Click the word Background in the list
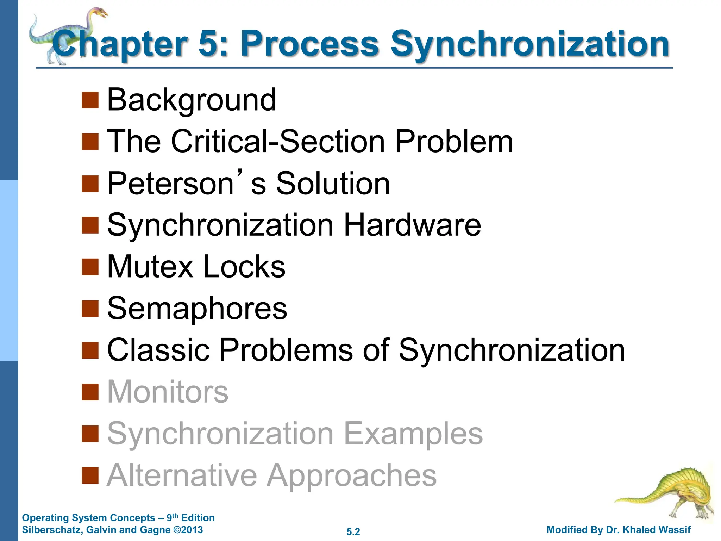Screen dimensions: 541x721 coord(192,100)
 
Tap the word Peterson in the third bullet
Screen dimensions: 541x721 coord(170,184)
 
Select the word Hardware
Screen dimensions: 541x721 coord(412,225)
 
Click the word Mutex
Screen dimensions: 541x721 coord(150,267)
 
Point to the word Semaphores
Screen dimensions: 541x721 coord(197,309)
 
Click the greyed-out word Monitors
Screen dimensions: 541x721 coord(168,392)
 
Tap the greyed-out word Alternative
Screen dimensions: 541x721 coord(182,475)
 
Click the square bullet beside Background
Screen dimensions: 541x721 coord(90,100)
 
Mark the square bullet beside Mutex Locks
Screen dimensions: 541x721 coord(90,267)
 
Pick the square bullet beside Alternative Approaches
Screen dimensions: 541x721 coord(90,475)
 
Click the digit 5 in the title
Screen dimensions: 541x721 coord(211,44)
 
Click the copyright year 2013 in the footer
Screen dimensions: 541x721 coord(192,530)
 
